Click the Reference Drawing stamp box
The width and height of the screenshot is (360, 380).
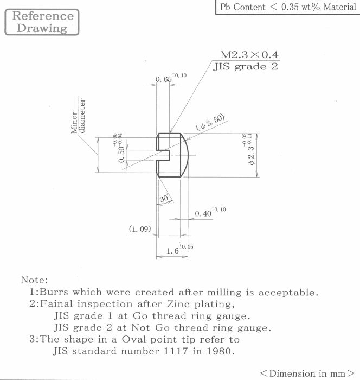point(42,22)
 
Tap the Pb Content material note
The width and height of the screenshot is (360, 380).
point(288,7)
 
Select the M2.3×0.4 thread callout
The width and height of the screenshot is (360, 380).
point(249,54)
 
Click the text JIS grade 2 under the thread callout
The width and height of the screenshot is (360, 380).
point(246,66)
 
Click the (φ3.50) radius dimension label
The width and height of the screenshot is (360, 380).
point(210,122)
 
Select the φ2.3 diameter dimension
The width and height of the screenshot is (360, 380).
point(249,149)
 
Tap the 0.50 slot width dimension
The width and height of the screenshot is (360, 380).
point(118,148)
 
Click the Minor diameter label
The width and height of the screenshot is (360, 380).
point(78,116)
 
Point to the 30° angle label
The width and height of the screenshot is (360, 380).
point(164,198)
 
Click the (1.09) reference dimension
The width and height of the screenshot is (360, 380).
point(140,229)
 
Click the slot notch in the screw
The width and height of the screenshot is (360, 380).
point(163,155)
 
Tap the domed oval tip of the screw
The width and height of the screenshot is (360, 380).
point(184,155)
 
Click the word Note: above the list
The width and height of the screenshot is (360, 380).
point(35,280)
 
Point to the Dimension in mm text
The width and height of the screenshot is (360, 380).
point(307,373)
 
